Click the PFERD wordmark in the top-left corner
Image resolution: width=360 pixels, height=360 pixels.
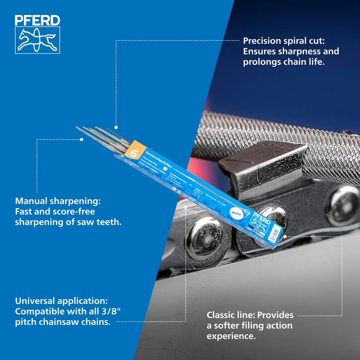(x=37, y=20)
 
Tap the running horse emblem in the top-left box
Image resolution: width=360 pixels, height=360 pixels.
(x=37, y=40)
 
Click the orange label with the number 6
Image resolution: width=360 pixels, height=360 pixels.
(x=134, y=153)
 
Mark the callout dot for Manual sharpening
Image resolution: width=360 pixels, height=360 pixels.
(x=82, y=139)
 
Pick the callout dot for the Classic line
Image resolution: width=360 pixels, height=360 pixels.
(x=285, y=236)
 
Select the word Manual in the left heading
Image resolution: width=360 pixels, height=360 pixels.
(x=31, y=201)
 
